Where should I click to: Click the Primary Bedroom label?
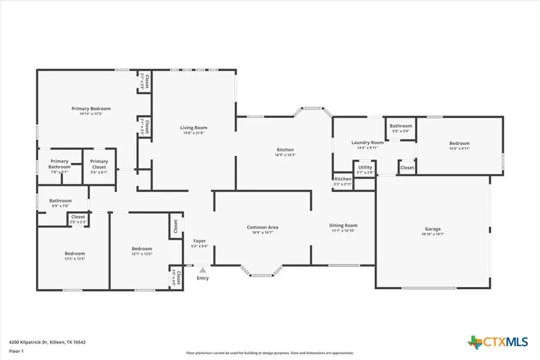[x=91, y=109]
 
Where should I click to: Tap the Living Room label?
[x=194, y=128]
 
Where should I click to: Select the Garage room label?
[x=433, y=229]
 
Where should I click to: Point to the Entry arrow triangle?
[x=203, y=271]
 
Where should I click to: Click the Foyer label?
[x=200, y=241]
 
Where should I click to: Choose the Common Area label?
[x=262, y=227]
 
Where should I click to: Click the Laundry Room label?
[x=367, y=142]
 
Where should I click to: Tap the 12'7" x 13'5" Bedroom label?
[x=142, y=248]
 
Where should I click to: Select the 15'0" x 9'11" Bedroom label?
[x=460, y=143]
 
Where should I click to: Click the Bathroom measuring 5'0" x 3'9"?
[x=400, y=126]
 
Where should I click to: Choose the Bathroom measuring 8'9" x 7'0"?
[x=61, y=201]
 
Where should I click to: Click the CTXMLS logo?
[x=497, y=342]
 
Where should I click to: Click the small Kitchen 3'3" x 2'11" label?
[x=343, y=179]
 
